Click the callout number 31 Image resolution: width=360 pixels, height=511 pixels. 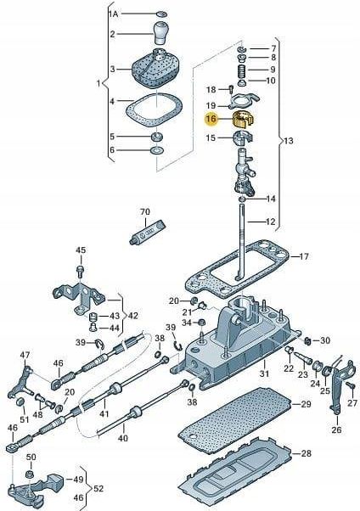point(264,373)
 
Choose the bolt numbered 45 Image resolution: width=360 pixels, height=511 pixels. point(80,271)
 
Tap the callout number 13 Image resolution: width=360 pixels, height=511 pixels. point(289,141)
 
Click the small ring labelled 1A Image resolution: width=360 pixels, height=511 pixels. point(161,14)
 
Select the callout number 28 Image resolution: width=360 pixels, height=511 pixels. point(305,453)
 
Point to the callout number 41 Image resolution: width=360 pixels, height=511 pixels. point(104,414)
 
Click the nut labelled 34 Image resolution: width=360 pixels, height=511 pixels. point(201,323)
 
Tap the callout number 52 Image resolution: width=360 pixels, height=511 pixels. point(98,489)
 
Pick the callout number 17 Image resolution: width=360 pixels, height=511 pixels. point(304,256)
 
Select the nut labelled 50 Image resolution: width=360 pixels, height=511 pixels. point(30,473)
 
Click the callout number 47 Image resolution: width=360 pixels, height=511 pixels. point(25,354)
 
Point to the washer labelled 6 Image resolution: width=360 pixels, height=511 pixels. point(158,150)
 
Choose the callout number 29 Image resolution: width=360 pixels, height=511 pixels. point(305,404)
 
